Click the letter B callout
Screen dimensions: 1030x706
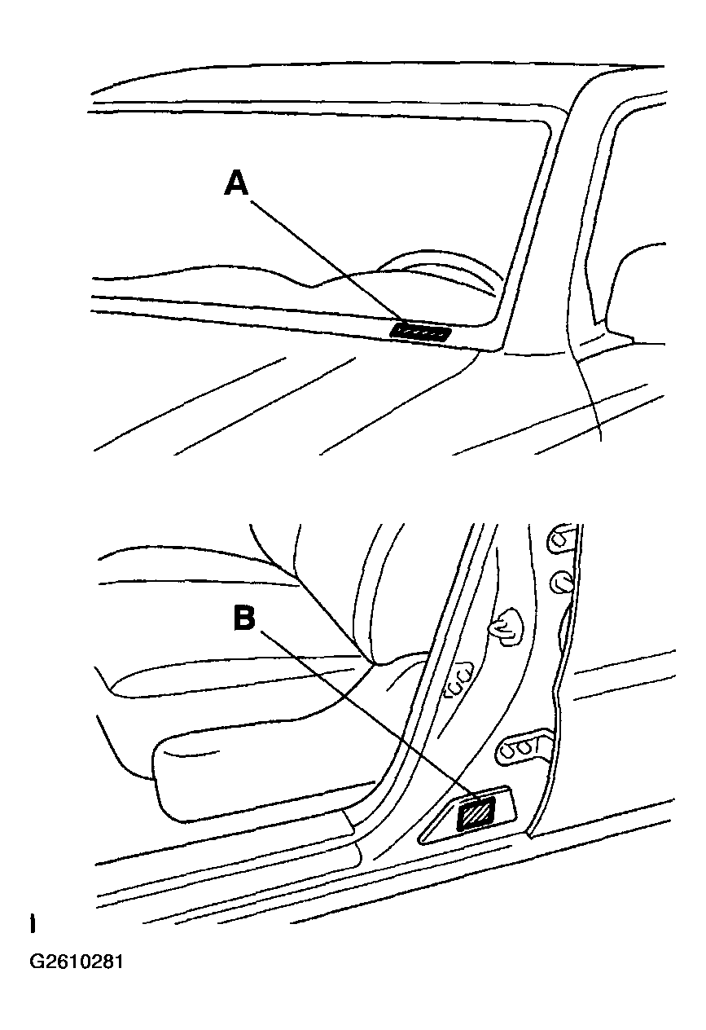click(243, 618)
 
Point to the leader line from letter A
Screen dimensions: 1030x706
click(326, 259)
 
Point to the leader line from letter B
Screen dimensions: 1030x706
click(358, 715)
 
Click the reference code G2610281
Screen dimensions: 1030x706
click(77, 962)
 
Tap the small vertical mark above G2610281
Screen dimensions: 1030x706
click(32, 924)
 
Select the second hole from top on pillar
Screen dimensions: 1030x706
click(560, 581)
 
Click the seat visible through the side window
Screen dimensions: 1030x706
click(639, 285)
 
